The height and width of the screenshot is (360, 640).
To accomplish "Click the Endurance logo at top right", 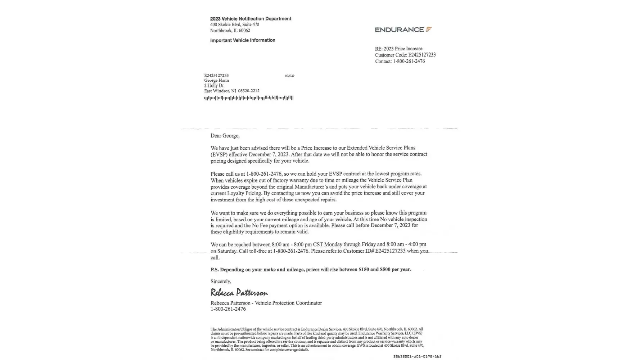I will point(403,30).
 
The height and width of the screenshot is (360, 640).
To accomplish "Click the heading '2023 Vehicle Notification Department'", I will point(251,19).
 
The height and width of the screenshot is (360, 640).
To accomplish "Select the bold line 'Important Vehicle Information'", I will point(243,40).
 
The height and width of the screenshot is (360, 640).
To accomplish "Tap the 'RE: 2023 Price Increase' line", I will point(398,49).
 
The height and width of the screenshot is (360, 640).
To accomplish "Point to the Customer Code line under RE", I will point(405,55).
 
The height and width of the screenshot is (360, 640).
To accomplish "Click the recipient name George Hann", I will point(216,80).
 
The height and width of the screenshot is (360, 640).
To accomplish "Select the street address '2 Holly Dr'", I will point(214,86).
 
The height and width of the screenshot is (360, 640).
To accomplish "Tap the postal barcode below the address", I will point(248,98).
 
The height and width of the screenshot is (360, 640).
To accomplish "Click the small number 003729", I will point(289,76).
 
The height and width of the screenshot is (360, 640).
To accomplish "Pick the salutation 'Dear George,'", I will point(225,136).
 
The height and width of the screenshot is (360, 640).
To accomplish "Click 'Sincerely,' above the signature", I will point(221,282).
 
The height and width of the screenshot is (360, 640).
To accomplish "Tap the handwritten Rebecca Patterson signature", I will point(239,292).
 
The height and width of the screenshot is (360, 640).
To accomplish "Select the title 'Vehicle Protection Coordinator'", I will point(288,303).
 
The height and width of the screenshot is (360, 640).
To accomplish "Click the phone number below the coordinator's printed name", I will point(228,309).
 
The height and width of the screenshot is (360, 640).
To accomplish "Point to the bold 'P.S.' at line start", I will point(215,270).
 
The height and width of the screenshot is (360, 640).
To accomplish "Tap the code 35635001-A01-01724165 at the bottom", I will point(417,356).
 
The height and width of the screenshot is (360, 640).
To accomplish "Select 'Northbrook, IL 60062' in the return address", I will point(230,31).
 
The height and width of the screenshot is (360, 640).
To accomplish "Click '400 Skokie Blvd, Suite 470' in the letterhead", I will point(234,24).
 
